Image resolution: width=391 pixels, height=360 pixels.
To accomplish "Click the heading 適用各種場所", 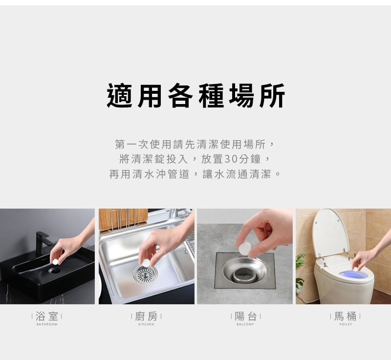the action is click(196, 96).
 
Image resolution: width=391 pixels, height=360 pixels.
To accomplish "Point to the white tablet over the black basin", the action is click(55, 262).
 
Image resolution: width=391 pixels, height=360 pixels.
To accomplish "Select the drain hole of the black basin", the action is click(54, 271).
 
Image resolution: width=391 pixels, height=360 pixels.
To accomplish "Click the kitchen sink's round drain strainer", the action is click(145, 274).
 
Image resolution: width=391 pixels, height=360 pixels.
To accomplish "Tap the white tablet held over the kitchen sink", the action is click(146, 262).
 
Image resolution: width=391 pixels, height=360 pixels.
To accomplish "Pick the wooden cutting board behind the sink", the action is click(123, 219).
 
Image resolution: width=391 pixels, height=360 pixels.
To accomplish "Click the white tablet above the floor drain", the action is click(245, 249).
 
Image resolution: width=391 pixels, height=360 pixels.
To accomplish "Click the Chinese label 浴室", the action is click(47, 317).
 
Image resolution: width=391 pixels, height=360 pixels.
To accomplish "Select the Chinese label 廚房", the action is click(146, 317).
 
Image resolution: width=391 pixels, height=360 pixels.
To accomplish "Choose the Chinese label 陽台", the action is click(245, 317).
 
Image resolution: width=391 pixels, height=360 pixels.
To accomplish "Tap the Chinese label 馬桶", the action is click(345, 317).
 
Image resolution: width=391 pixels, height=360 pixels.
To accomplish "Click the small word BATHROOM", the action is click(47, 324).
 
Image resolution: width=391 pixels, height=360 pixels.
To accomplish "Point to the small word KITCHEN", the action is click(146, 324).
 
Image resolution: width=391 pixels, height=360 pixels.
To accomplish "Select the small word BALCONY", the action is click(245, 324).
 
